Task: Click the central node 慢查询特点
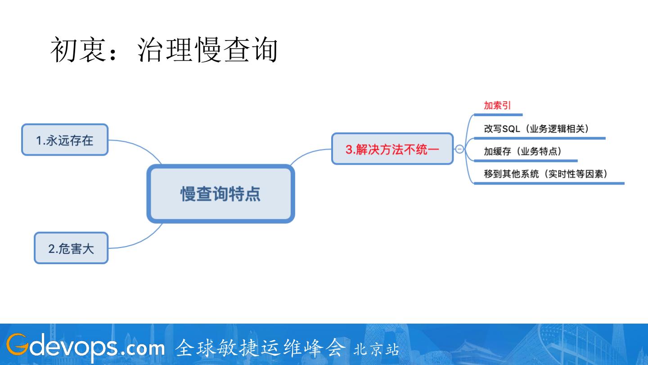tap(220, 194)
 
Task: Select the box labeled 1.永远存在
tap(65, 140)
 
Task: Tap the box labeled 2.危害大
tap(71, 248)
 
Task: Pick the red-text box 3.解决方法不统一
tap(392, 149)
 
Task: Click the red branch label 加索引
tap(497, 106)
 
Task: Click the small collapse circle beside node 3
tap(459, 149)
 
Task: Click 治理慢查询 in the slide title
tap(207, 50)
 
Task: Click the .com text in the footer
tap(143, 347)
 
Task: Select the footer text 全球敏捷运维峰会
tap(261, 347)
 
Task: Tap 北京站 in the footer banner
tap(376, 350)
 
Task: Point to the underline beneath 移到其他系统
tap(549, 183)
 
